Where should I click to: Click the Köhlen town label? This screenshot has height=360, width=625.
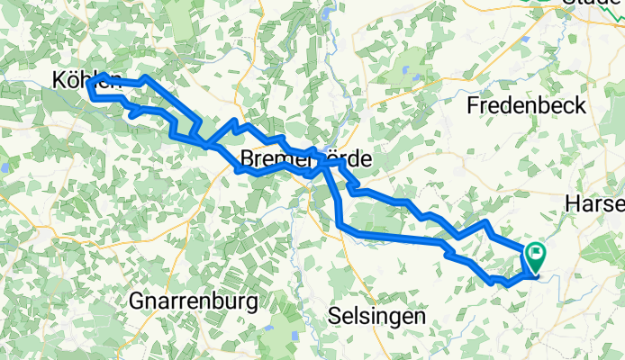click(x=84, y=81)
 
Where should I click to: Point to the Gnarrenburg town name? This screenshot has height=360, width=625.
click(x=194, y=300)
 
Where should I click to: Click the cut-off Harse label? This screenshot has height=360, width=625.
click(x=594, y=206)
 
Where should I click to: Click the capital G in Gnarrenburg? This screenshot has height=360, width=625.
click(x=138, y=300)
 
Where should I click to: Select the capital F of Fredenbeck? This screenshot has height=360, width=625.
click(x=474, y=105)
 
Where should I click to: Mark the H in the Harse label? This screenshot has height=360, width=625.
click(x=571, y=206)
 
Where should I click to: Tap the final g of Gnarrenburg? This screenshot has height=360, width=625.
click(x=253, y=301)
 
